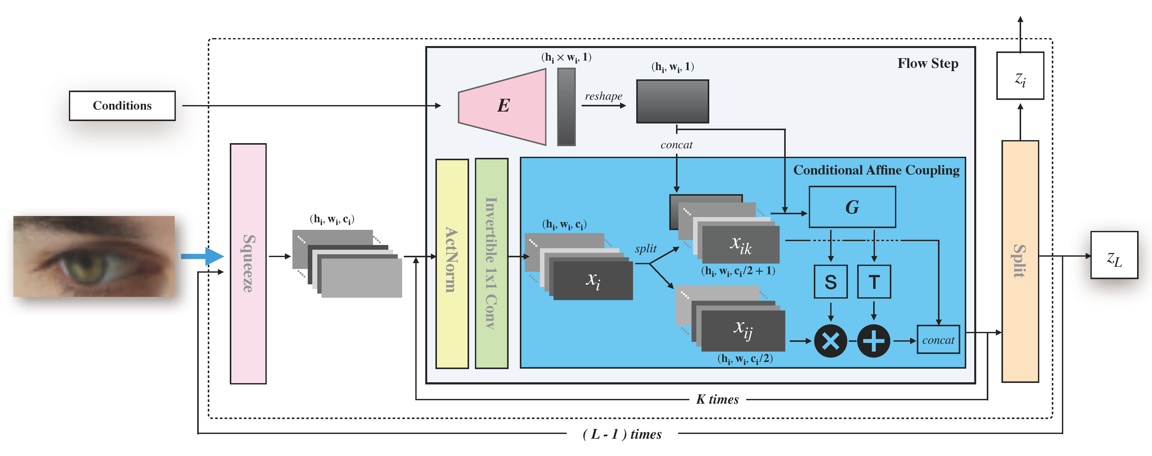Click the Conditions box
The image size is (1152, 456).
(x=122, y=106)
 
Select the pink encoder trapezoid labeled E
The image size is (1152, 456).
(x=503, y=106)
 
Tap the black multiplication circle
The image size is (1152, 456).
(x=830, y=341)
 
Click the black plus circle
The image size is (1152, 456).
(x=873, y=341)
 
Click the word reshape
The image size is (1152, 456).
(x=603, y=96)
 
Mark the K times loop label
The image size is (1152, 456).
(x=717, y=399)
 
